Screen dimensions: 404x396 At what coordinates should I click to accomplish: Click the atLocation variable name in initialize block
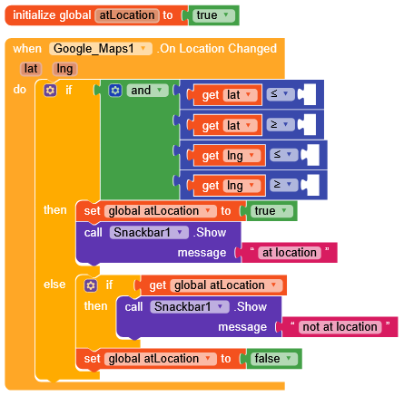click(127, 15)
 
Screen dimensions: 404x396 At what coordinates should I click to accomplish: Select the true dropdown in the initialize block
click(213, 15)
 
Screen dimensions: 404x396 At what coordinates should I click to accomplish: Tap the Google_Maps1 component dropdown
click(101, 49)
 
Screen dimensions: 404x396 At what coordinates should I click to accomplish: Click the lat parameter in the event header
click(31, 69)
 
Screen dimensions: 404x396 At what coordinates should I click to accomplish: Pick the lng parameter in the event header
click(64, 69)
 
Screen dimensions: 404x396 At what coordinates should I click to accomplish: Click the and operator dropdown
click(147, 91)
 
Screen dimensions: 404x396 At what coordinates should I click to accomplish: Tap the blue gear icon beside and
click(115, 91)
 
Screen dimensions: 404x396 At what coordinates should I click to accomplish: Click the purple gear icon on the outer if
click(50, 90)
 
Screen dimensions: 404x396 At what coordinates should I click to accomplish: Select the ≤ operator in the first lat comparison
click(281, 94)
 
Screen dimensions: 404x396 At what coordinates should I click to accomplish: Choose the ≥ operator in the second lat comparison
click(281, 124)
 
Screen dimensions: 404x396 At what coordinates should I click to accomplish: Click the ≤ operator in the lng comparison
click(284, 155)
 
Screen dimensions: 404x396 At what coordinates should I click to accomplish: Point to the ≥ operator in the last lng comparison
click(284, 185)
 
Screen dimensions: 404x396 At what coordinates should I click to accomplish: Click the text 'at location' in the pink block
click(289, 253)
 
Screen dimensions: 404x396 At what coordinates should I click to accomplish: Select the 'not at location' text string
click(340, 327)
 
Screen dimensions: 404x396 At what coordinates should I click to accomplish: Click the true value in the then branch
click(271, 211)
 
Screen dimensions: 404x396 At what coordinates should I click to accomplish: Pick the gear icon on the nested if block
click(91, 285)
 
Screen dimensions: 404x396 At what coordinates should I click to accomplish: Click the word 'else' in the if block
click(54, 285)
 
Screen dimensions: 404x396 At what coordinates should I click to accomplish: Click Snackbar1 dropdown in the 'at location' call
click(149, 233)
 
